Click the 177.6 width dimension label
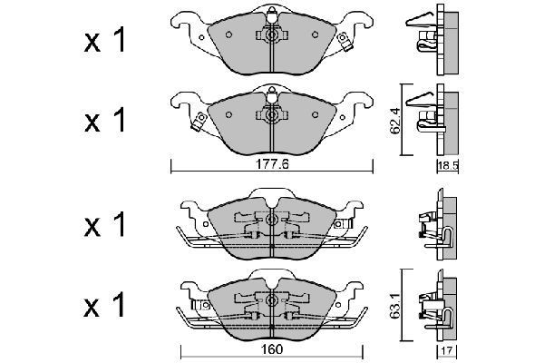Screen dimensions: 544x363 tap(272, 164)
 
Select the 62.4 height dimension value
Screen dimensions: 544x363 tap(395, 121)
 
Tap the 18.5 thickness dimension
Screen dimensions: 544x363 tap(448, 166)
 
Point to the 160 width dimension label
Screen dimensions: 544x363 tap(272, 349)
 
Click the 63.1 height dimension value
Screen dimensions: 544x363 tap(395, 306)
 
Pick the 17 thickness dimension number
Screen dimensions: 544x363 tap(447, 350)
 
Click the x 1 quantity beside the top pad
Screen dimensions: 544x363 tap(104, 41)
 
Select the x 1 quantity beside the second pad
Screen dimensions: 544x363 tap(104, 120)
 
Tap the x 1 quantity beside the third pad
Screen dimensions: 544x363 tap(104, 225)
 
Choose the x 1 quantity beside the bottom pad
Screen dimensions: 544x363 tap(104, 305)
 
